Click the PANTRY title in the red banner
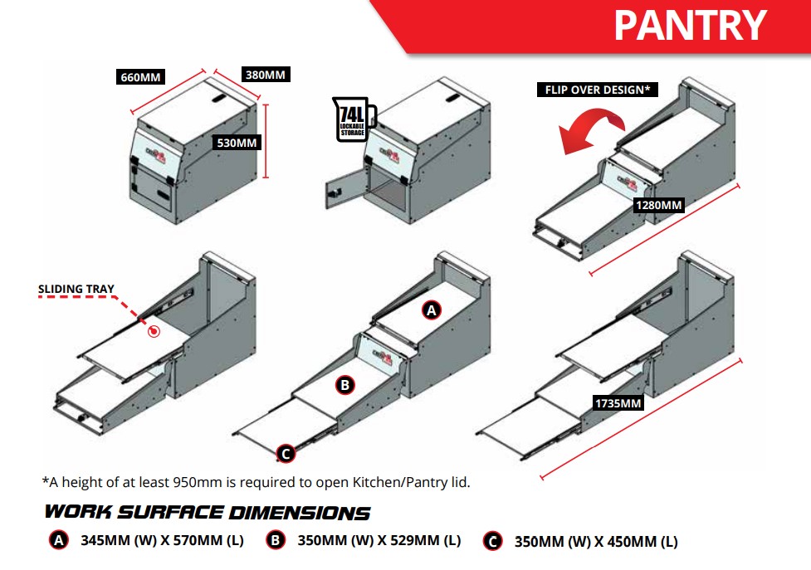tap(689, 25)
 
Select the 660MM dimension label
tap(139, 77)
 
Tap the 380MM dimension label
tap(265, 75)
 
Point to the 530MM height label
tap(237, 142)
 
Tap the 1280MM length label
tap(658, 204)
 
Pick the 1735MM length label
tap(619, 403)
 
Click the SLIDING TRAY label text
tap(76, 290)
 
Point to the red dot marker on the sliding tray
tap(153, 332)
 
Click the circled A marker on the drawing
tap(431, 310)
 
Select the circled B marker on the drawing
tap(344, 384)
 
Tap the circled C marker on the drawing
tap(285, 453)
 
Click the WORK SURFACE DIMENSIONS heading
tap(208, 512)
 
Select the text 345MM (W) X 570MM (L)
tap(162, 540)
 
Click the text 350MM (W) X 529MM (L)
tap(379, 540)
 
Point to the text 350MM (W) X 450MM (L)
tap(596, 542)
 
